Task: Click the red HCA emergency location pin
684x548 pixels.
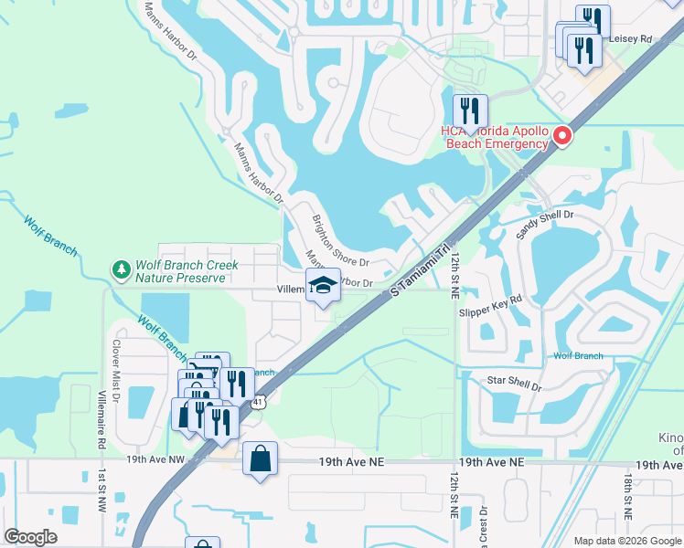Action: tap(561, 137)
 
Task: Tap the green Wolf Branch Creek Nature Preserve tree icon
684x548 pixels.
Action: tap(121, 269)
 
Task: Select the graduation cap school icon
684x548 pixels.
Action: tap(323, 287)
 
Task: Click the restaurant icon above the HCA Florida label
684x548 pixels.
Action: tap(470, 111)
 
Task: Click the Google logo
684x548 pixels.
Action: tap(31, 537)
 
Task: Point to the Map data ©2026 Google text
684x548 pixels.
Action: tap(626, 541)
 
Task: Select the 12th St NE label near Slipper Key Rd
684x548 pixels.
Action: tap(454, 275)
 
